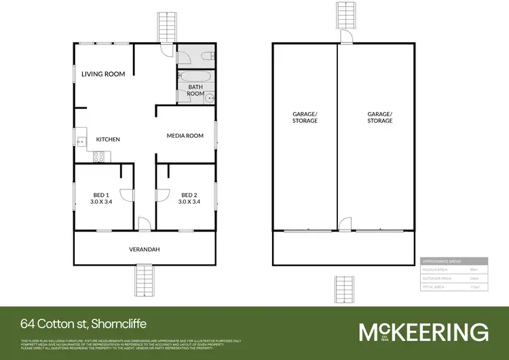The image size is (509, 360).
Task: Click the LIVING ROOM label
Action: click(x=103, y=74)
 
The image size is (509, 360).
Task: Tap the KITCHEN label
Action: click(x=108, y=139)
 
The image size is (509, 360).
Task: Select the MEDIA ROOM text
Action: click(x=185, y=136)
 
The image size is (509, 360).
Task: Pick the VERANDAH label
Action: click(x=144, y=249)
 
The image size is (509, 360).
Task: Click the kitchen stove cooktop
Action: click(x=98, y=157)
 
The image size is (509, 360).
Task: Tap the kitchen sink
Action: click(x=81, y=142)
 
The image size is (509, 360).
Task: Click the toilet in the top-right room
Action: click(x=208, y=56)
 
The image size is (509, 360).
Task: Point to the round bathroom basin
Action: click(x=210, y=98)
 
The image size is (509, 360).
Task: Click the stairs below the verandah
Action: click(x=145, y=279)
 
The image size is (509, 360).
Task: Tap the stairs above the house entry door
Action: click(x=166, y=26)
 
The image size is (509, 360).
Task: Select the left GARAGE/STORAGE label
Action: click(x=304, y=117)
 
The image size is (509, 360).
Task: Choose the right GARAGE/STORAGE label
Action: click(x=379, y=117)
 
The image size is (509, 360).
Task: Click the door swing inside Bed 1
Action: click(x=126, y=195)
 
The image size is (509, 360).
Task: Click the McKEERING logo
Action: click(x=423, y=332)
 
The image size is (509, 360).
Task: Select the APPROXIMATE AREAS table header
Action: click(x=453, y=261)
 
